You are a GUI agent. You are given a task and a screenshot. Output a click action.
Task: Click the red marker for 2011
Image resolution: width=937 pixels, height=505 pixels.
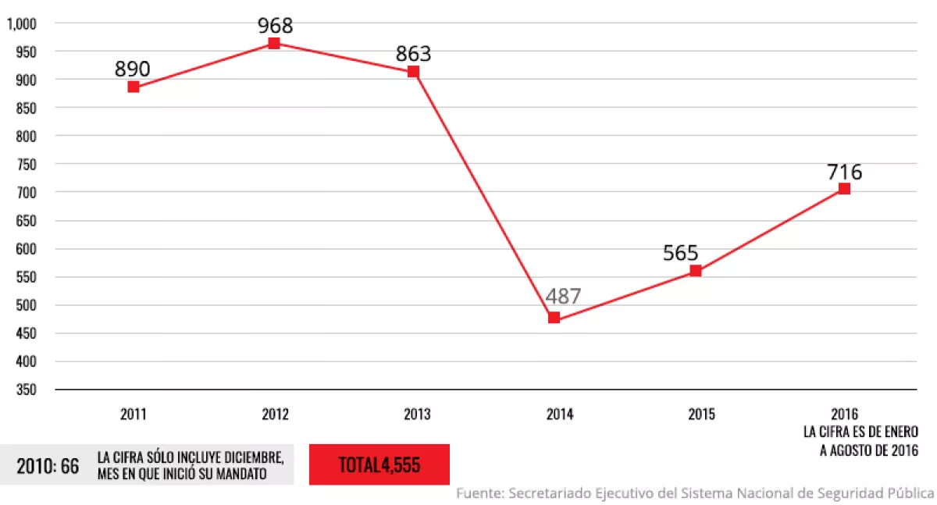coord(134,87)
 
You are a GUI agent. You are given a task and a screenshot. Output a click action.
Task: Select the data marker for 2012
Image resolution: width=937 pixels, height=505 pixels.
coord(274,43)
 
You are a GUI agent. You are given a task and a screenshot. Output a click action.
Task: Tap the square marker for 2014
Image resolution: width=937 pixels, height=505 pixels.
coord(554,318)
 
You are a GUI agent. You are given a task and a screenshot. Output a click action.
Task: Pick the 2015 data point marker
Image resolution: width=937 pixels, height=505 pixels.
coord(696,271)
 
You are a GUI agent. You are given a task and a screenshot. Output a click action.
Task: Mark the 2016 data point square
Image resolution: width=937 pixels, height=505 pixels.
coord(844,188)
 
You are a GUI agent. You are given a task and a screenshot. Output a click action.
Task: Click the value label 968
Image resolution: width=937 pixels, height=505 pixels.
coord(276,25)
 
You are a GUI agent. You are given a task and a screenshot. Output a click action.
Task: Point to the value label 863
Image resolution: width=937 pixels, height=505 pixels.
coord(414,54)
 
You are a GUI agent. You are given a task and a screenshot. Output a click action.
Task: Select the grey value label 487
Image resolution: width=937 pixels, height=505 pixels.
coord(564,297)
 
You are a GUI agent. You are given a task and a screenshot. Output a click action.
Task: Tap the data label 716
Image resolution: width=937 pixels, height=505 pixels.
coord(845,172)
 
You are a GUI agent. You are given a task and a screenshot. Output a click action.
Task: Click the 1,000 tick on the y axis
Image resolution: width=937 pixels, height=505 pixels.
coord(22,23)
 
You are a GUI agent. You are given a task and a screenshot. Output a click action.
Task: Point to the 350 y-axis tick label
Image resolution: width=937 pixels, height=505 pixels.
coord(26,389)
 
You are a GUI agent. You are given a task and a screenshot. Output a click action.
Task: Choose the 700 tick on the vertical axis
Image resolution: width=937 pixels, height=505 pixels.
coord(26,192)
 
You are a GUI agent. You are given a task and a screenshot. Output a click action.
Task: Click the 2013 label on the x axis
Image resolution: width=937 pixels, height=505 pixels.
coord(417,414)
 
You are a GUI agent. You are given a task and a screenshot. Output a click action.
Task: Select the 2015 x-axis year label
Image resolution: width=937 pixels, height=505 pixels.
coord(701,414)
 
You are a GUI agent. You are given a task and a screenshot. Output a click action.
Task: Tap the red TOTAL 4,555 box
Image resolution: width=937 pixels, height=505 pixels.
coord(379,465)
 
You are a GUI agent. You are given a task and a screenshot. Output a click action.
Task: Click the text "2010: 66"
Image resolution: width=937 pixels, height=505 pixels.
coord(48,466)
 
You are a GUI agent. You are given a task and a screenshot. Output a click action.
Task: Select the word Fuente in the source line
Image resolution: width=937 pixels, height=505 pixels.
coord(479,493)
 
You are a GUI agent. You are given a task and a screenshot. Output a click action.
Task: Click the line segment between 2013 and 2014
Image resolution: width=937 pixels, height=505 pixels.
coord(484,195)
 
